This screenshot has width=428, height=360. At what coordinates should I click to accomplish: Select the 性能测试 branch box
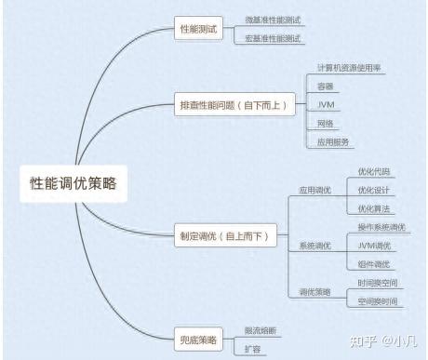(x=197, y=30)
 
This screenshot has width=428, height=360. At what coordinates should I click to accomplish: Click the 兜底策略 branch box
(x=197, y=340)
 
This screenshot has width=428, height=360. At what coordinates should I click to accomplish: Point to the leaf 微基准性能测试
(x=274, y=20)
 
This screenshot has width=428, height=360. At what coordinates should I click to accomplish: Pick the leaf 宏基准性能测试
(x=274, y=39)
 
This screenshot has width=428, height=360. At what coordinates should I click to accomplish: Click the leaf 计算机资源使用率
(x=348, y=68)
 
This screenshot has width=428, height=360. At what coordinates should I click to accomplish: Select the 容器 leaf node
(x=325, y=86)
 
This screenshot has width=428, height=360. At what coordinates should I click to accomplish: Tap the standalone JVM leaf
(x=325, y=104)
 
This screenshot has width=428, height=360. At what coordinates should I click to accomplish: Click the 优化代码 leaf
(x=374, y=172)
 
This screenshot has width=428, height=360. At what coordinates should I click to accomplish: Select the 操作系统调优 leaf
(x=381, y=227)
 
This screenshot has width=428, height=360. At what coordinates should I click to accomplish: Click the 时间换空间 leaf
(x=378, y=283)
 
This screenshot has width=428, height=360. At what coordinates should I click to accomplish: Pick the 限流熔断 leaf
(x=260, y=330)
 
